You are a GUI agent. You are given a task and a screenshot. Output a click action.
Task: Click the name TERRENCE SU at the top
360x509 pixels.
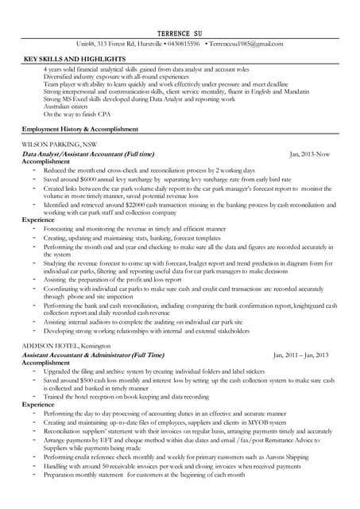(180, 30)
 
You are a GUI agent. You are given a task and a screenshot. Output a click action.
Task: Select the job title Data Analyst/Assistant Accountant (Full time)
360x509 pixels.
(88, 153)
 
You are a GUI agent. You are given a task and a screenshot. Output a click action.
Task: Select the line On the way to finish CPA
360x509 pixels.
(75, 115)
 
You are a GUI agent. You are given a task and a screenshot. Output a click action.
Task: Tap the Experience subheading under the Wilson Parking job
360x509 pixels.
(38, 219)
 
